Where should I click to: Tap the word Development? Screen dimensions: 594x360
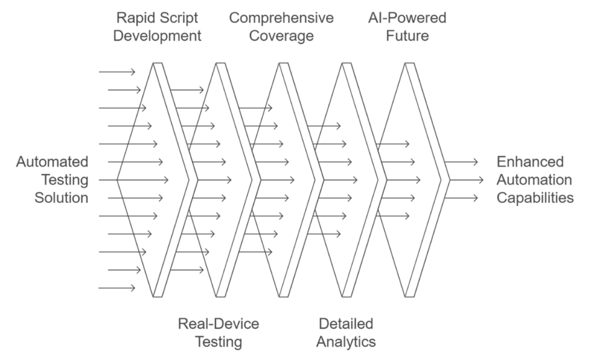point(157,36)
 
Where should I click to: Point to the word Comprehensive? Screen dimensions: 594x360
point(281,18)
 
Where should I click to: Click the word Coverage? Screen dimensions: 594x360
point(281,36)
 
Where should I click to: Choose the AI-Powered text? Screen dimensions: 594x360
point(407,18)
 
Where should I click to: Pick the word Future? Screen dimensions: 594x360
point(407,36)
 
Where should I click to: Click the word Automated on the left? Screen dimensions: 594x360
point(52,162)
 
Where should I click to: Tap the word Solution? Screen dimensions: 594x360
point(61,198)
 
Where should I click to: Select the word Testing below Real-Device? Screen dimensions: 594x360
point(219,342)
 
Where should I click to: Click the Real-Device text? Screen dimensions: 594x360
point(219,324)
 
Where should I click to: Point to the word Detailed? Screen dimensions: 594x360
point(346,324)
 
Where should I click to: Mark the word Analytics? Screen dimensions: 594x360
point(346,342)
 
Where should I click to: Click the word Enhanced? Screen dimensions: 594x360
point(530,162)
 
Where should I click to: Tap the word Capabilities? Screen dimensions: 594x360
point(535,198)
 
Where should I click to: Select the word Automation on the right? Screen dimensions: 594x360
point(534,180)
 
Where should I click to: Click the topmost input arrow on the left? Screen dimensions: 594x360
point(117,72)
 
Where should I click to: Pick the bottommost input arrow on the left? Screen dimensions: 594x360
point(117,288)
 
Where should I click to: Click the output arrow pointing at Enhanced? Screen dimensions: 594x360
point(461,162)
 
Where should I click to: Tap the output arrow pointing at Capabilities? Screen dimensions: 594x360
point(461,198)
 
